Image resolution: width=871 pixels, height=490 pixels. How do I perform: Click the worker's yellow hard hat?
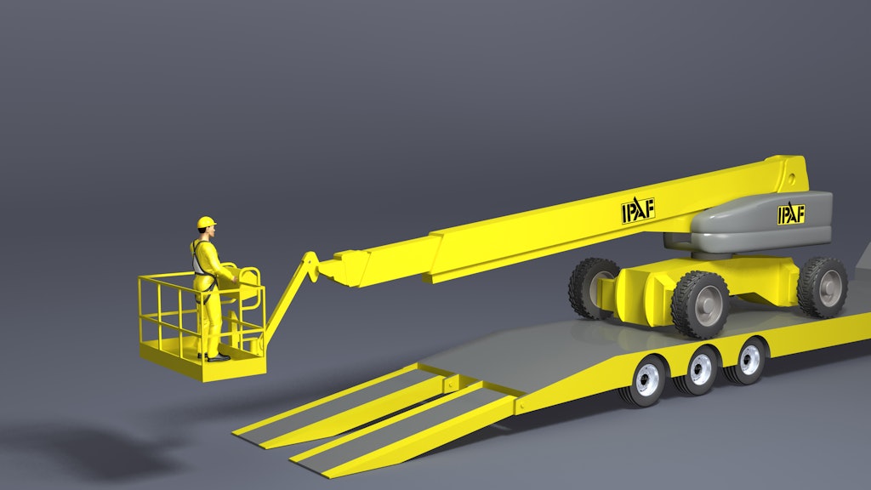point(206,222)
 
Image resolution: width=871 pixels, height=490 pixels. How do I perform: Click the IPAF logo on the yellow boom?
point(637,210)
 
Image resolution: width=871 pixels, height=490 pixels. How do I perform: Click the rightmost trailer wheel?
point(749,359)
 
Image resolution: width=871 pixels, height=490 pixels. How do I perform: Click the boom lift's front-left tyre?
point(593,288)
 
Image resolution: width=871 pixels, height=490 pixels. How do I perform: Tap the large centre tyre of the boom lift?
point(701,305)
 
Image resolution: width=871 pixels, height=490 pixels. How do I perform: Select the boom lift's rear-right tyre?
point(823,288)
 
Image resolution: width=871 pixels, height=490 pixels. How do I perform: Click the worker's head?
point(208,231)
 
